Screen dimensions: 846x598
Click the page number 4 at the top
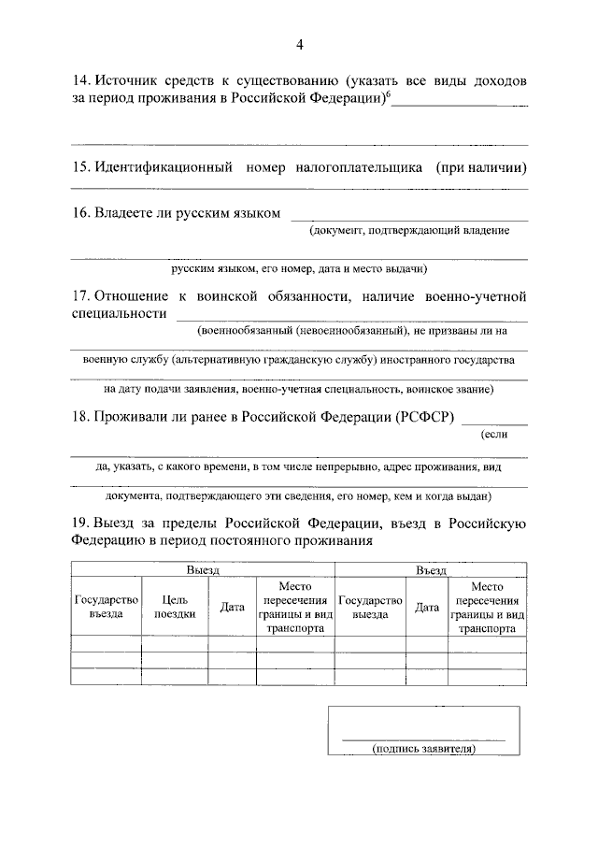pyautogui.click(x=300, y=45)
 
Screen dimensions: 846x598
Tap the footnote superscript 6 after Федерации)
pyautogui.click(x=387, y=94)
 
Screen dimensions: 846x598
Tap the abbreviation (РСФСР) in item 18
pyautogui.click(x=426, y=418)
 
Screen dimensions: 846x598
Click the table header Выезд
pyautogui.click(x=202, y=569)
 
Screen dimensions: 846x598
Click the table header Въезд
pyautogui.click(x=430, y=569)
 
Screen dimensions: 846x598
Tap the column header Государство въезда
pyautogui.click(x=106, y=606)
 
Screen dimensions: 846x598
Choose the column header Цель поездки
pyautogui.click(x=174, y=606)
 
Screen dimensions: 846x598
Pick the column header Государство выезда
pyautogui.click(x=371, y=606)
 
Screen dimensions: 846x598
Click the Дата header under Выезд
pyautogui.click(x=231, y=607)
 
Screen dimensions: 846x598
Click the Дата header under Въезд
pyautogui.click(x=427, y=607)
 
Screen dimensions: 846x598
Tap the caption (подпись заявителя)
pyautogui.click(x=423, y=749)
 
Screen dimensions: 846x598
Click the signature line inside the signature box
pyautogui.click(x=423, y=738)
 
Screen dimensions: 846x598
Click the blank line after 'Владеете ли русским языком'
pyautogui.click(x=408, y=220)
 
